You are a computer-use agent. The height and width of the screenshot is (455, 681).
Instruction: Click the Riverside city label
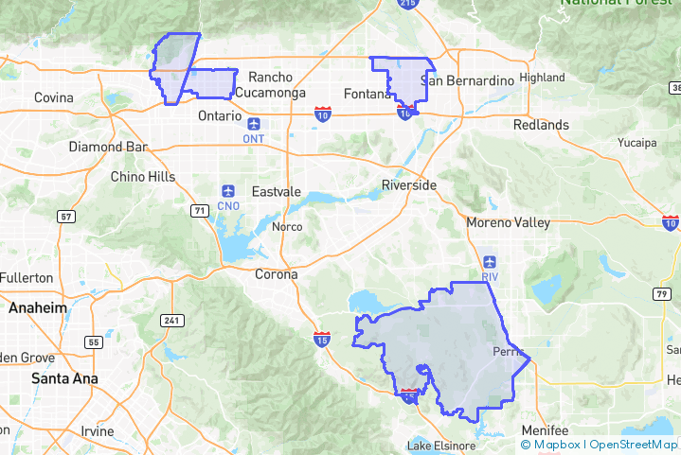pyautogui.click(x=409, y=185)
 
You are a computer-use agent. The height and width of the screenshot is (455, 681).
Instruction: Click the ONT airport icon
pyautogui.click(x=254, y=124)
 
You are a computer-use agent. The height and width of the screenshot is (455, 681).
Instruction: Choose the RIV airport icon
pyautogui.click(x=489, y=262)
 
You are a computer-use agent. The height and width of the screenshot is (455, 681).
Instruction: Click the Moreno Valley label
pyautogui.click(x=508, y=223)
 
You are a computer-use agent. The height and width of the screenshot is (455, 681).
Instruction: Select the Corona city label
pyautogui.click(x=276, y=274)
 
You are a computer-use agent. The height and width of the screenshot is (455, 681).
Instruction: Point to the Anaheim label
pyautogui.click(x=38, y=308)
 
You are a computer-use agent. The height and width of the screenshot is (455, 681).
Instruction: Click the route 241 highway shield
pyautogui.click(x=171, y=321)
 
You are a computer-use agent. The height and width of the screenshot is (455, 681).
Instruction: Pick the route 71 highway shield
pyautogui.click(x=199, y=210)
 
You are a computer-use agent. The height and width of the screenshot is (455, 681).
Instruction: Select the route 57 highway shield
pyautogui.click(x=65, y=217)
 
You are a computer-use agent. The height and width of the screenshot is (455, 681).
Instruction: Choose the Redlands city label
pyautogui.click(x=541, y=125)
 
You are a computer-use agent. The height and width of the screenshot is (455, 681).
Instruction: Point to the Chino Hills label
pyautogui.click(x=143, y=177)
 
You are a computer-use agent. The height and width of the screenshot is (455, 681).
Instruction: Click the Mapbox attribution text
pyautogui.click(x=552, y=444)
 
